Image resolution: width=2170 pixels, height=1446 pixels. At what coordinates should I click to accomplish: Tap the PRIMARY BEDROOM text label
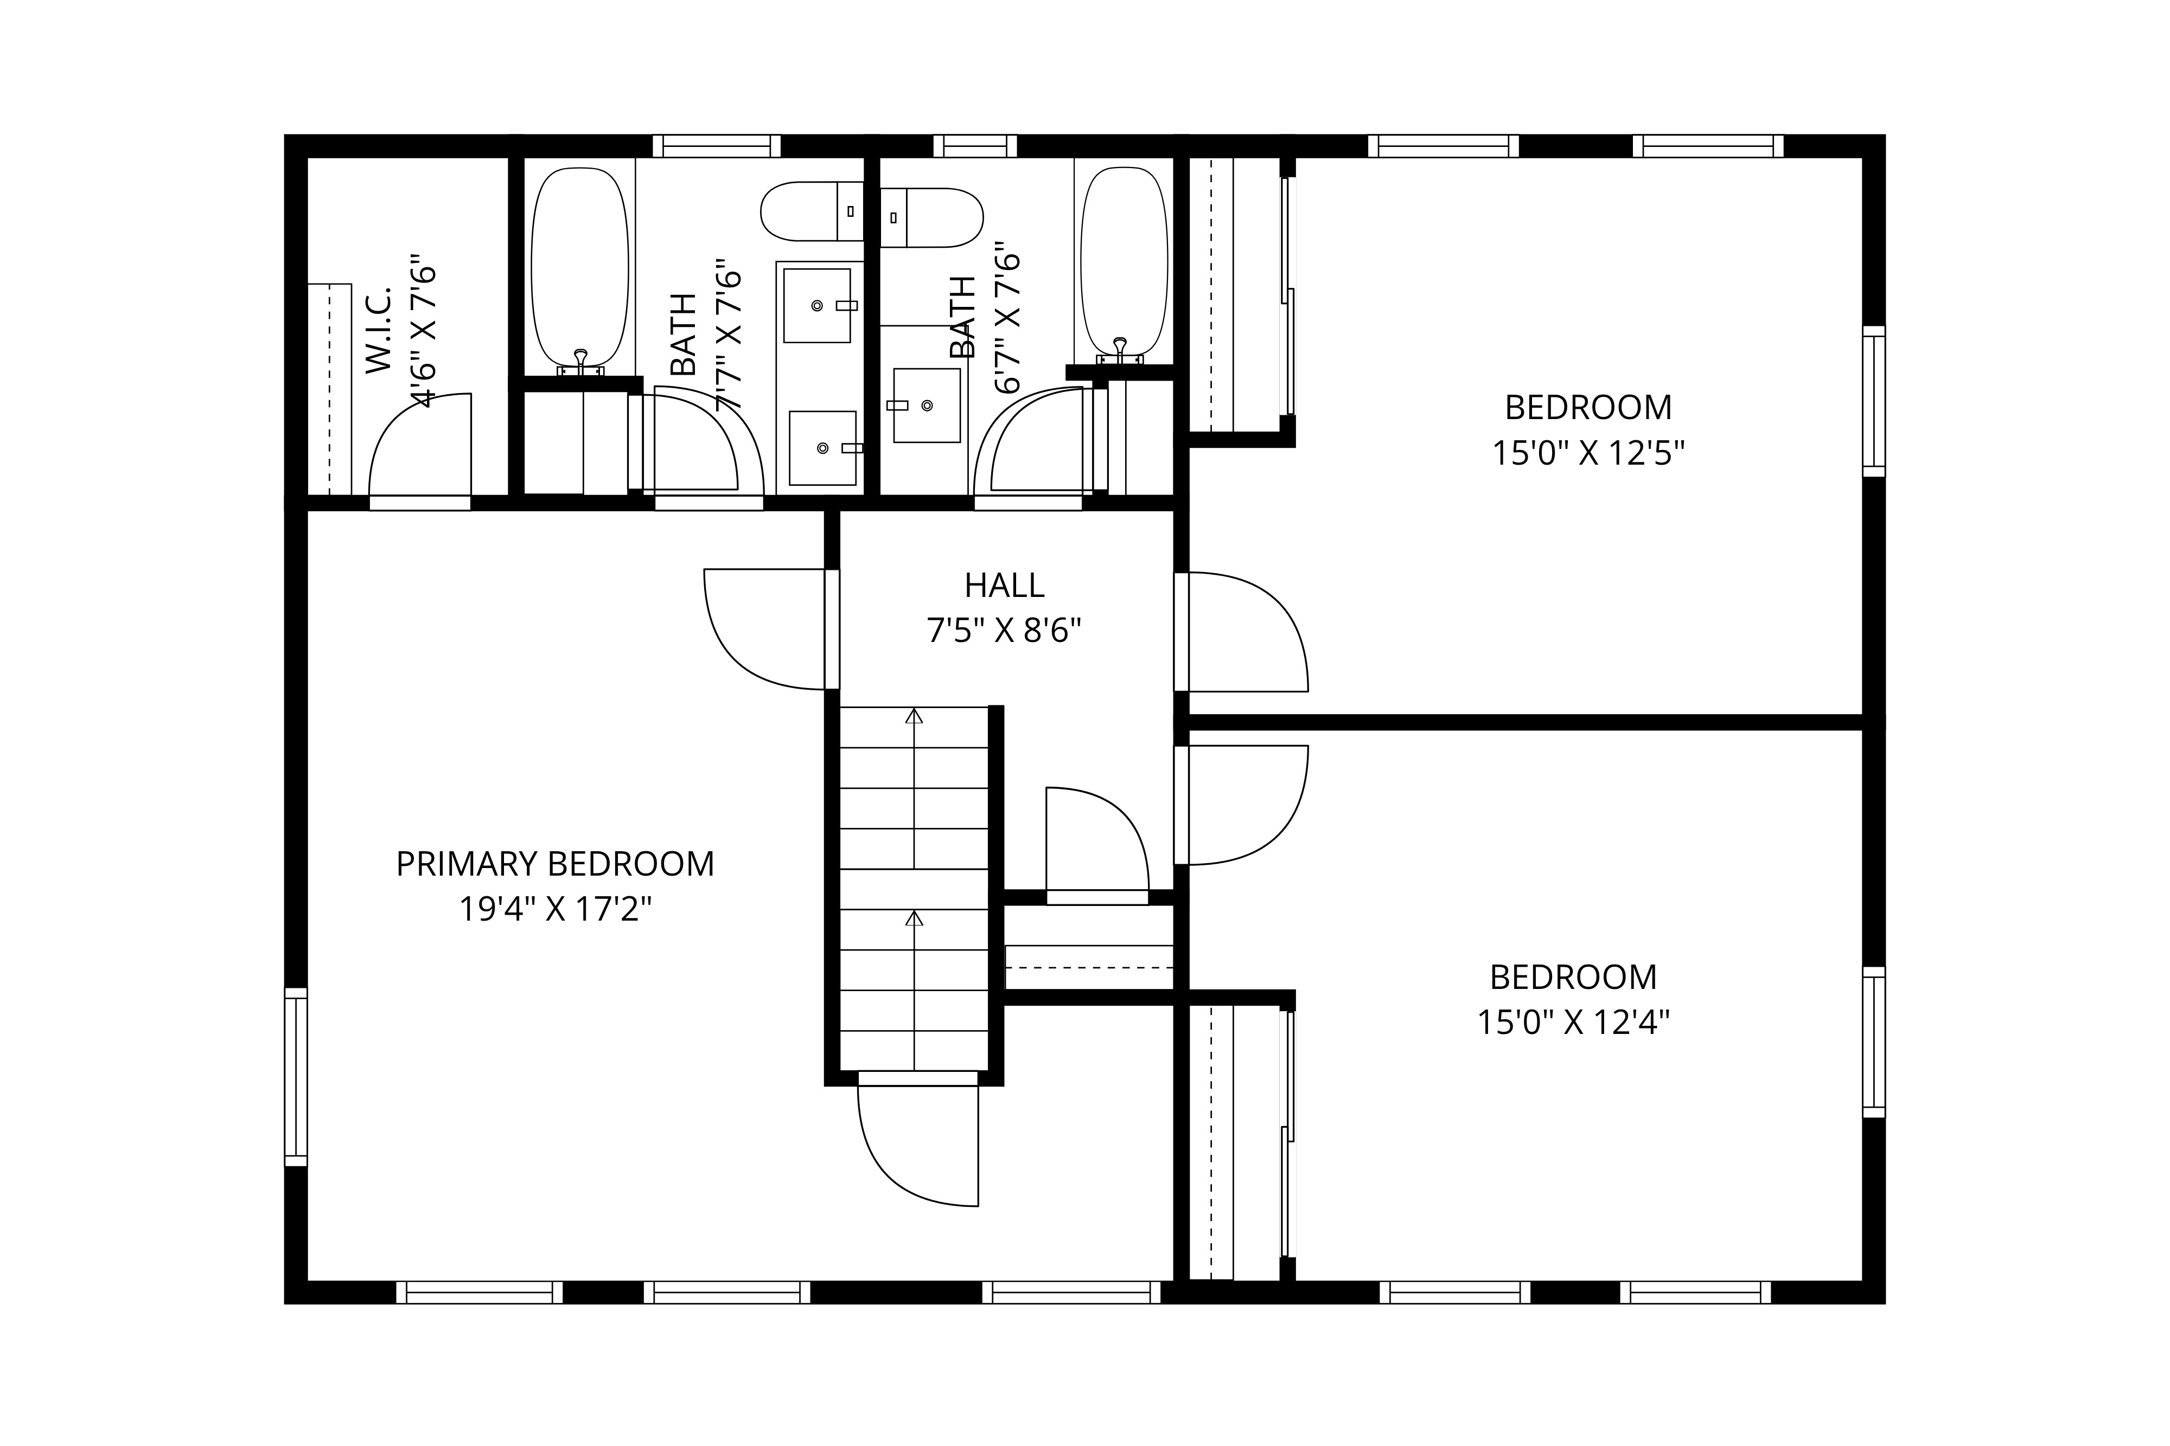pyautogui.click(x=554, y=864)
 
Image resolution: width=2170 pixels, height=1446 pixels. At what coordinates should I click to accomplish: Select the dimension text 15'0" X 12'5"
pyautogui.click(x=1589, y=454)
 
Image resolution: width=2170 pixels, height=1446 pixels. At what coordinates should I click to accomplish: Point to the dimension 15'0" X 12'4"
pyautogui.click(x=1574, y=1023)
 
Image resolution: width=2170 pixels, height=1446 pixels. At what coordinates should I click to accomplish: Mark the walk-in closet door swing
pyautogui.click(x=420, y=447)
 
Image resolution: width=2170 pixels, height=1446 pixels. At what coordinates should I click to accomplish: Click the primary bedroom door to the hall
pyautogui.click(x=766, y=629)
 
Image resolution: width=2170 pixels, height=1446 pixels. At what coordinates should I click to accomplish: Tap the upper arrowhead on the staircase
pyautogui.click(x=914, y=716)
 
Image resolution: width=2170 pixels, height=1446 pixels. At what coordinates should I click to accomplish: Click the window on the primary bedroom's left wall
pyautogui.click(x=295, y=1077)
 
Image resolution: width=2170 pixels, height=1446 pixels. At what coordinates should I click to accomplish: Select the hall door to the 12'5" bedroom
pyautogui.click(x=1246, y=632)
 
